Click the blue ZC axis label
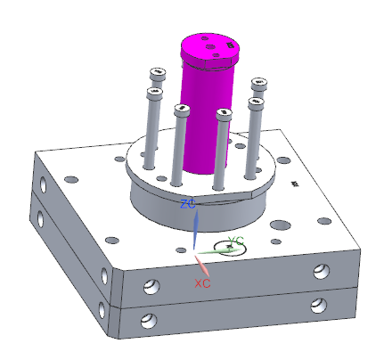click(x=188, y=204)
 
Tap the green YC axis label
click(x=236, y=241)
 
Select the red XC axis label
click(x=202, y=283)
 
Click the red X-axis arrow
click(x=202, y=266)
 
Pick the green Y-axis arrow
click(x=218, y=251)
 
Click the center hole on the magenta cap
click(x=210, y=47)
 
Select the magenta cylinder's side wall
click(x=207, y=119)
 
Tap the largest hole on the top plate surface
click(x=282, y=225)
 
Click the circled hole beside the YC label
click(x=230, y=247)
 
